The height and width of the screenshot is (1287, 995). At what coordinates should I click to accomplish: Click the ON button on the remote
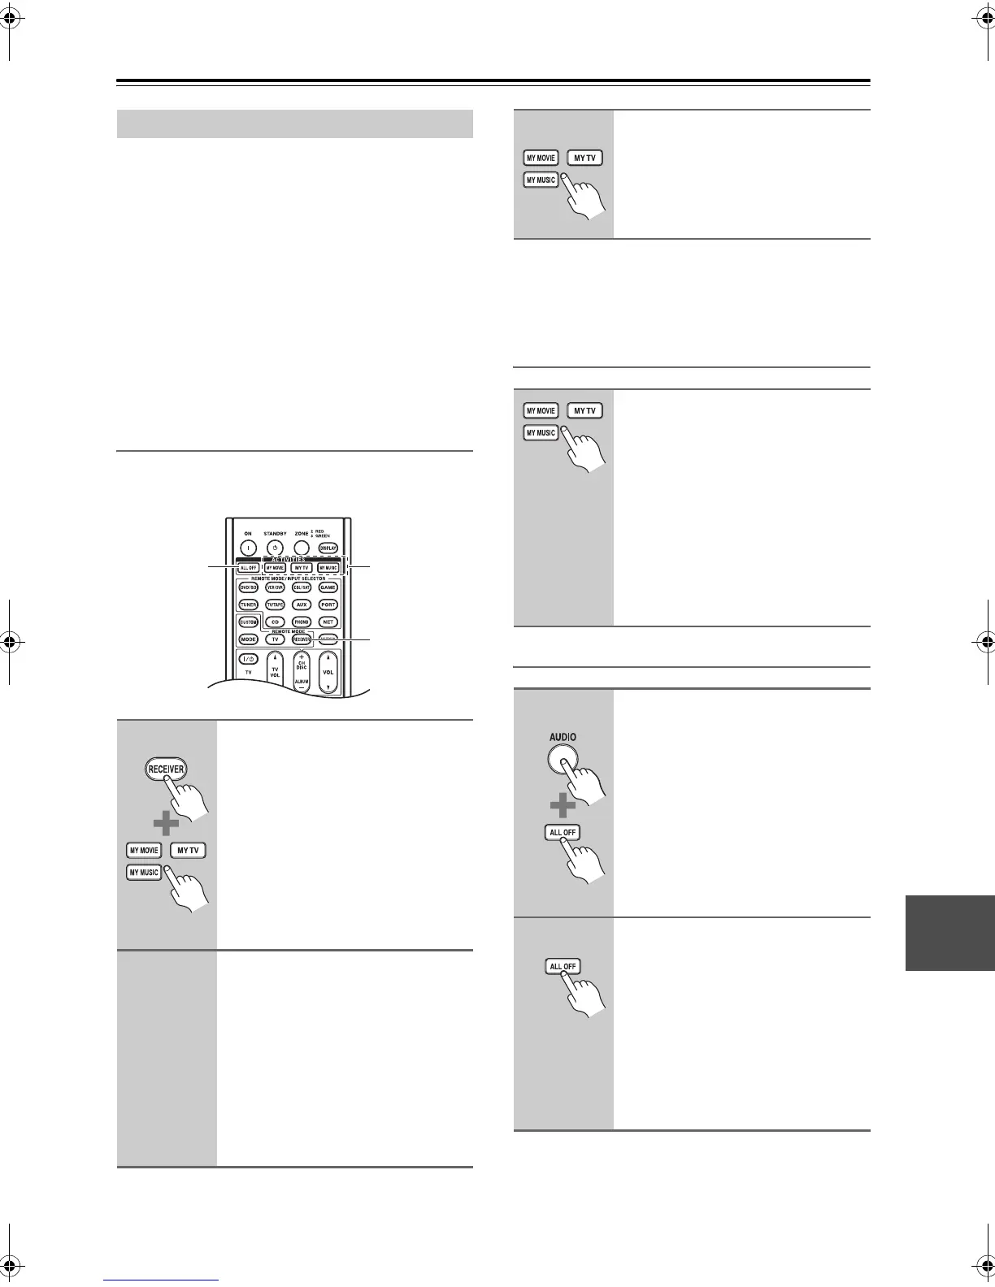[x=248, y=548]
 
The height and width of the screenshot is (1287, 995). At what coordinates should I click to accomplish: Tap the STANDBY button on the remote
[x=275, y=548]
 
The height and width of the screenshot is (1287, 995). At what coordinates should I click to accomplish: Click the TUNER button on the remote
[x=248, y=604]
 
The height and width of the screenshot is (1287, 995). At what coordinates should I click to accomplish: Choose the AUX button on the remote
[x=302, y=604]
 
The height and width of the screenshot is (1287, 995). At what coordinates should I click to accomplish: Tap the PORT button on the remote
[x=328, y=604]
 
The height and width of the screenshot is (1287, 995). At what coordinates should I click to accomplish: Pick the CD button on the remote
[x=275, y=622]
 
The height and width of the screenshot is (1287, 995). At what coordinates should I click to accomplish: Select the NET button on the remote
[x=328, y=622]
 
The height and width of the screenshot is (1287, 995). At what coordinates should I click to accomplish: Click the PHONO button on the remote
[x=302, y=622]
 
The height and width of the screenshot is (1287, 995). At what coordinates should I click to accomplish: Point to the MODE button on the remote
[x=248, y=639]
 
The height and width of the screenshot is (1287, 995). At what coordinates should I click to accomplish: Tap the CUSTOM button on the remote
[x=248, y=622]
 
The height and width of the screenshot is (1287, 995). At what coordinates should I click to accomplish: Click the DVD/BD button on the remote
[x=248, y=587]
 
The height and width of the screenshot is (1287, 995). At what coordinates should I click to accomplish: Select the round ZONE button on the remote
[x=302, y=548]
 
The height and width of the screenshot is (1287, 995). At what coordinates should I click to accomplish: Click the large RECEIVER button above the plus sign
[x=166, y=769]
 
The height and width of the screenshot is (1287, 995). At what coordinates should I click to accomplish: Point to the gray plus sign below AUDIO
[x=562, y=807]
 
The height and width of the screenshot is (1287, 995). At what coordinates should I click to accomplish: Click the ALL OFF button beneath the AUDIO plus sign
[x=563, y=833]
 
